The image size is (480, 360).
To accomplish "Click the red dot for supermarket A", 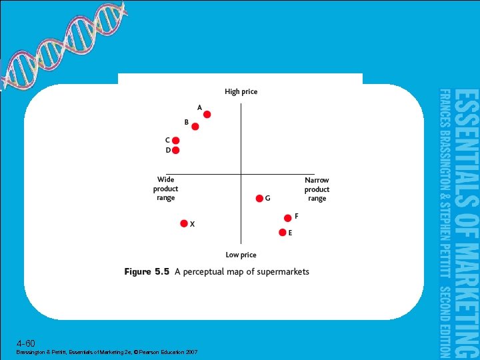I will pyautogui.click(x=207, y=115).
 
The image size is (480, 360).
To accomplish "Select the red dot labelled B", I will pyautogui.click(x=195, y=127).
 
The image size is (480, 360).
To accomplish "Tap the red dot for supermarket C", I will pyautogui.click(x=176, y=141).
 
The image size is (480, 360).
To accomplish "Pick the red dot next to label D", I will pyautogui.click(x=176, y=151).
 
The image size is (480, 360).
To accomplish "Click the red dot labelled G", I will pyautogui.click(x=259, y=198).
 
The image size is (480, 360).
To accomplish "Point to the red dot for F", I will pyautogui.click(x=288, y=217).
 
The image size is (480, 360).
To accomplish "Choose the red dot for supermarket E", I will pyautogui.click(x=282, y=233).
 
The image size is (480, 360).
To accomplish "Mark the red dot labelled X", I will pyautogui.click(x=184, y=224).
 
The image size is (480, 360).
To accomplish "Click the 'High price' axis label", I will pyautogui.click(x=241, y=92).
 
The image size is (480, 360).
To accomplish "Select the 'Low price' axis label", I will pyautogui.click(x=241, y=255).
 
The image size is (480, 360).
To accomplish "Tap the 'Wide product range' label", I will pyautogui.click(x=165, y=189).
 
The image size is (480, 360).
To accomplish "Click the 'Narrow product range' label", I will pyautogui.click(x=317, y=189).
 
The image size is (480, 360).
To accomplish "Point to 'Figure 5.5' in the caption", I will pyautogui.click(x=147, y=272).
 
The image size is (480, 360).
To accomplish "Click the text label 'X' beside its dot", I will pyautogui.click(x=193, y=225).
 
